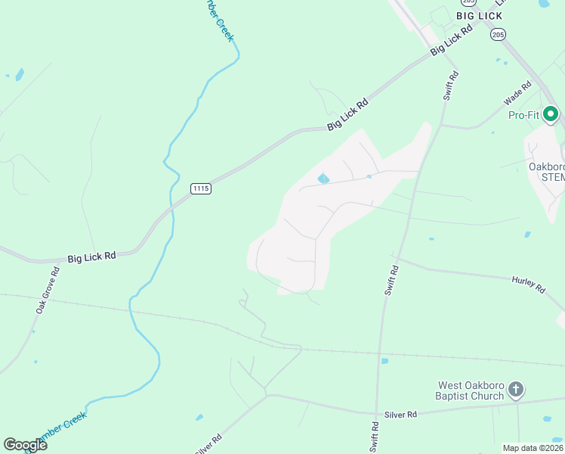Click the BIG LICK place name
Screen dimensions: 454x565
(479, 15)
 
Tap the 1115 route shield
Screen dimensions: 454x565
(200, 188)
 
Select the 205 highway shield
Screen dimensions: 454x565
(497, 34)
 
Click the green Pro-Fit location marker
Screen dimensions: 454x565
(551, 115)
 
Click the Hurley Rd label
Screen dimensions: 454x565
(528, 284)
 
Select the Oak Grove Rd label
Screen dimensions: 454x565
(47, 291)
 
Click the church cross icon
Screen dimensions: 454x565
(516, 390)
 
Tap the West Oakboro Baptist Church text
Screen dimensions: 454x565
(470, 390)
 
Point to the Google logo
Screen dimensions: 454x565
(25, 445)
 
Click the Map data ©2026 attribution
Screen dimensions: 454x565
(532, 448)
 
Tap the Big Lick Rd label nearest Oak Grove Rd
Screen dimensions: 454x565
(91, 257)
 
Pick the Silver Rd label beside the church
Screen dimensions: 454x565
(401, 415)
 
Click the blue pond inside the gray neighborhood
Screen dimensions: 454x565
(323, 179)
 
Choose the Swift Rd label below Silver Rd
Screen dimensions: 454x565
(374, 440)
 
